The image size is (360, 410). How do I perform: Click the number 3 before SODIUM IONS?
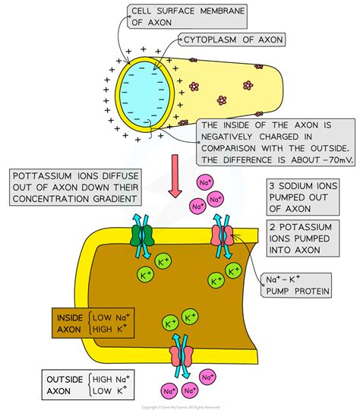(272, 186)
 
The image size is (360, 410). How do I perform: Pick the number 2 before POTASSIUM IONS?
(272, 226)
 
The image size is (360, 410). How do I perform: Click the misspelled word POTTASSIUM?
(49, 176)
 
